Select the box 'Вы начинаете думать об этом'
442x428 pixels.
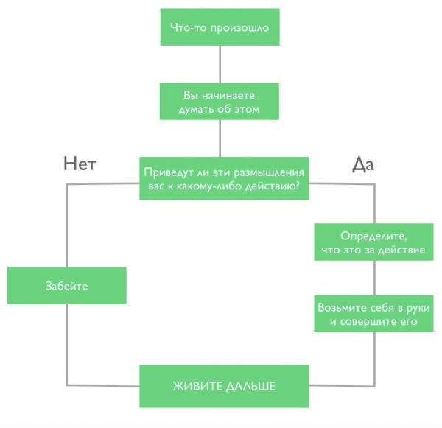pyautogui.click(x=220, y=102)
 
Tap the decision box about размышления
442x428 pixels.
pyautogui.click(x=222, y=178)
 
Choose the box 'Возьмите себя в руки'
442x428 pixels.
pyautogui.click(x=376, y=315)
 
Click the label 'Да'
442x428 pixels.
pyautogui.click(x=363, y=164)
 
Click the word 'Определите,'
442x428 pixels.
pyautogui.click(x=376, y=236)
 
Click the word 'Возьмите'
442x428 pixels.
pyautogui.click(x=340, y=307)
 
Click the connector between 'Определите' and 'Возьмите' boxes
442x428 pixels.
pyautogui.click(x=376, y=278)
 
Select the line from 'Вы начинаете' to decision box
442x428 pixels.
pyautogui.click(x=220, y=138)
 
